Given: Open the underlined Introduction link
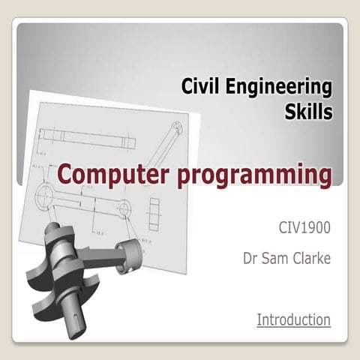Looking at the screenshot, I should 293,319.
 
